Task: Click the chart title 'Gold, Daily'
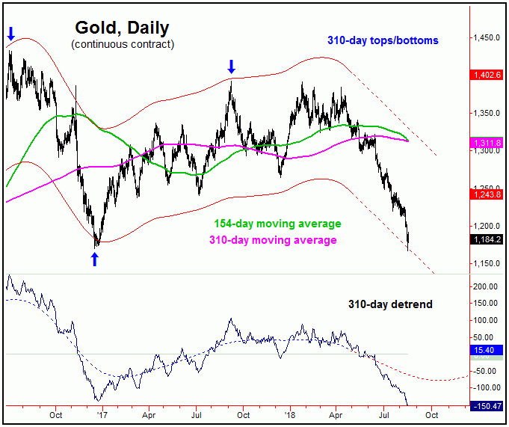[122, 28]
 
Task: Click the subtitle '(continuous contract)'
[122, 45]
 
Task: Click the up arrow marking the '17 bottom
[95, 259]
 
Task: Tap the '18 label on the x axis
[289, 413]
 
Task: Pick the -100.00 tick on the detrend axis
[485, 387]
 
